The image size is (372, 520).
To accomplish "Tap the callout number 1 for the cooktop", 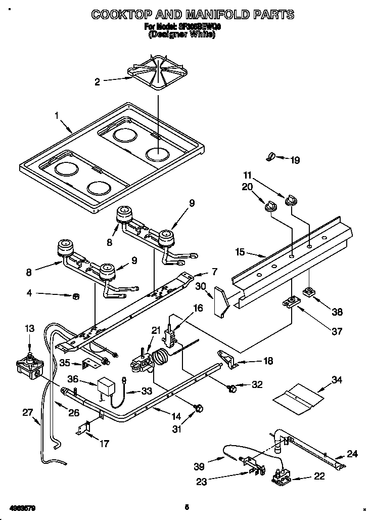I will pyautogui.click(x=57, y=115).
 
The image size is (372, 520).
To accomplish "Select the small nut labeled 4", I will pyautogui.click(x=75, y=296).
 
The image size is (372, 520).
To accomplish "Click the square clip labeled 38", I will pyautogui.click(x=308, y=292).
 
